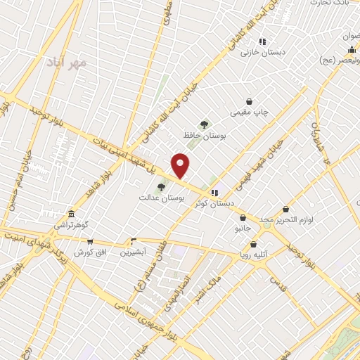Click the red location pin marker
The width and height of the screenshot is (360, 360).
tap(181, 166)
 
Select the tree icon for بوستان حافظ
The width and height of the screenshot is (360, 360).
tap(205, 124)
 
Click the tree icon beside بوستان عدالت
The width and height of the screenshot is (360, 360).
tap(162, 187)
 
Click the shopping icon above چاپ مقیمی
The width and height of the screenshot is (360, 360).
tap(249, 101)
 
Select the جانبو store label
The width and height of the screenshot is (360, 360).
tap(242, 229)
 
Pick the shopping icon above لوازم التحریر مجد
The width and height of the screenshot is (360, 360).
tap(285, 209)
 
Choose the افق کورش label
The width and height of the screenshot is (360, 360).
tap(90, 252)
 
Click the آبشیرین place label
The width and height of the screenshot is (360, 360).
tap(132, 252)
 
